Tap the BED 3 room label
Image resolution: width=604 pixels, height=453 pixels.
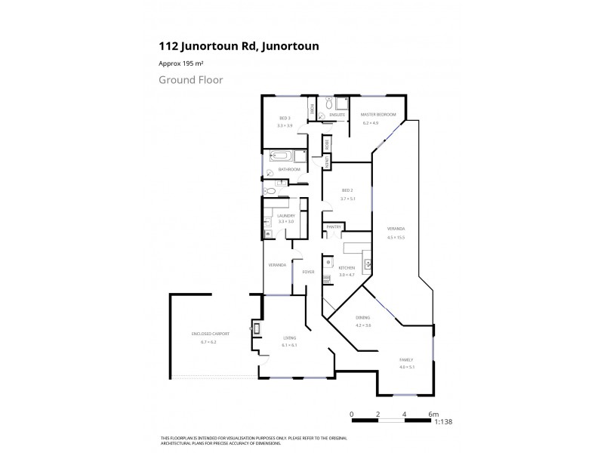[285, 119]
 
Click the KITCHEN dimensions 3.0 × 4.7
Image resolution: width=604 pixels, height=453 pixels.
[347, 274]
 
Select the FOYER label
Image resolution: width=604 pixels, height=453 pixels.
[308, 271]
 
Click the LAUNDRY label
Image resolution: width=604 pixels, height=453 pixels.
[285, 215]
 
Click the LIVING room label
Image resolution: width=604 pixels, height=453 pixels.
[290, 338]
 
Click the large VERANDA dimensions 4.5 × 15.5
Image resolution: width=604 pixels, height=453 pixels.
[396, 237]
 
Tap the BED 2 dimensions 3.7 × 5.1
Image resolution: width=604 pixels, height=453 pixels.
[347, 198]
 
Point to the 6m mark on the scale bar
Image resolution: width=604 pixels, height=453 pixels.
[433, 414]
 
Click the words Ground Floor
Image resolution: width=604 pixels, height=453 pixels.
[190, 79]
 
